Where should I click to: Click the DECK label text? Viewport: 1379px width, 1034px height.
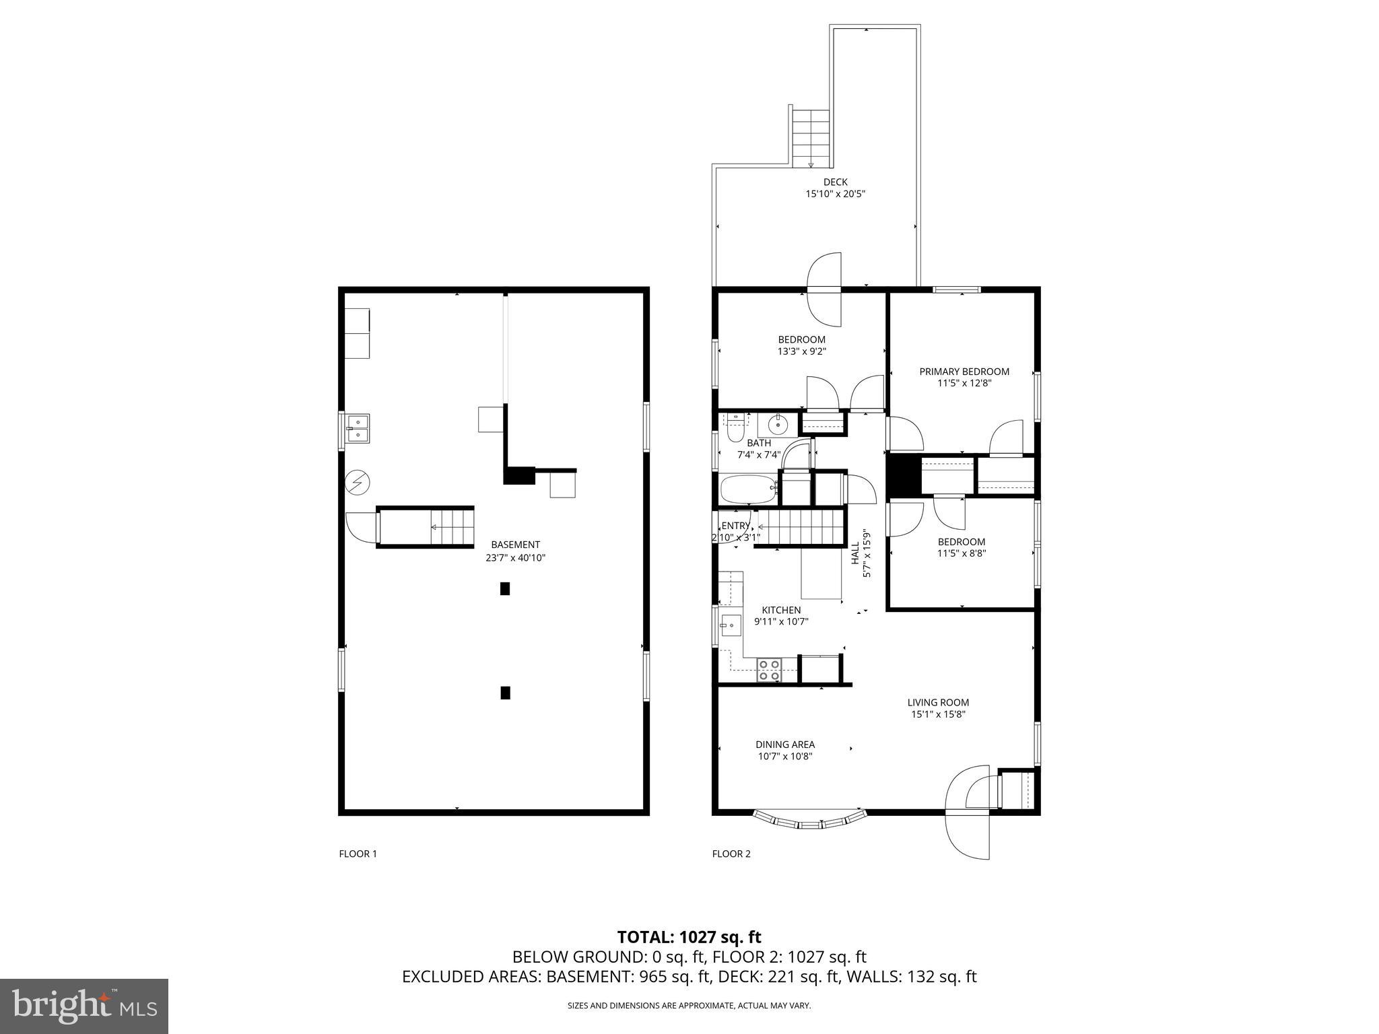pos(835,182)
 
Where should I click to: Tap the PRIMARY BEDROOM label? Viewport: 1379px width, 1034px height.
pos(964,372)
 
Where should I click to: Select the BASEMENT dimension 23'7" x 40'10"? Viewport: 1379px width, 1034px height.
pos(515,557)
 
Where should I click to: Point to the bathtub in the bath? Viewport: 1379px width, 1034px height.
pos(748,489)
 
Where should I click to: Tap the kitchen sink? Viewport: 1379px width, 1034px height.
pos(730,625)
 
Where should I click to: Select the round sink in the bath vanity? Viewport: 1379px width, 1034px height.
pos(778,425)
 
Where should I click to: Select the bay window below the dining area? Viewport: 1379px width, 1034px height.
pos(808,821)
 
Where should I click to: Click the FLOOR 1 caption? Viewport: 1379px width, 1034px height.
pos(358,854)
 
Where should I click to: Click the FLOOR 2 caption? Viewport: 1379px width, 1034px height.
pos(731,854)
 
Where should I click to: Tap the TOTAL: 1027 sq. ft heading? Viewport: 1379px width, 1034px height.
pos(689,936)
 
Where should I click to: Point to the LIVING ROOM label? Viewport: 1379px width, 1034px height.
pos(938,702)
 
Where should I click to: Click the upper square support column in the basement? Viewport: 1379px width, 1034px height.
pos(505,588)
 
